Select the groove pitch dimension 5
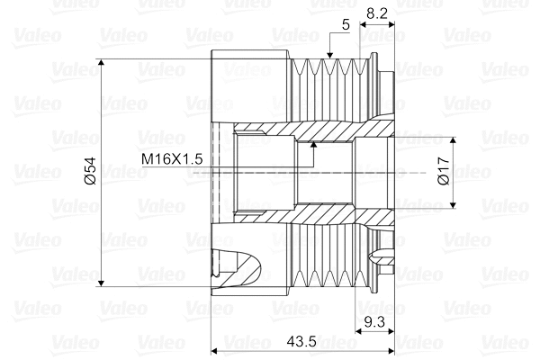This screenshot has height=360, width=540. tap(346, 25)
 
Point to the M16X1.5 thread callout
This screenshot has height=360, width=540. tap(173, 158)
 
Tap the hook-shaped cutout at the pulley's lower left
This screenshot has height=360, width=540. tap(243, 267)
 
